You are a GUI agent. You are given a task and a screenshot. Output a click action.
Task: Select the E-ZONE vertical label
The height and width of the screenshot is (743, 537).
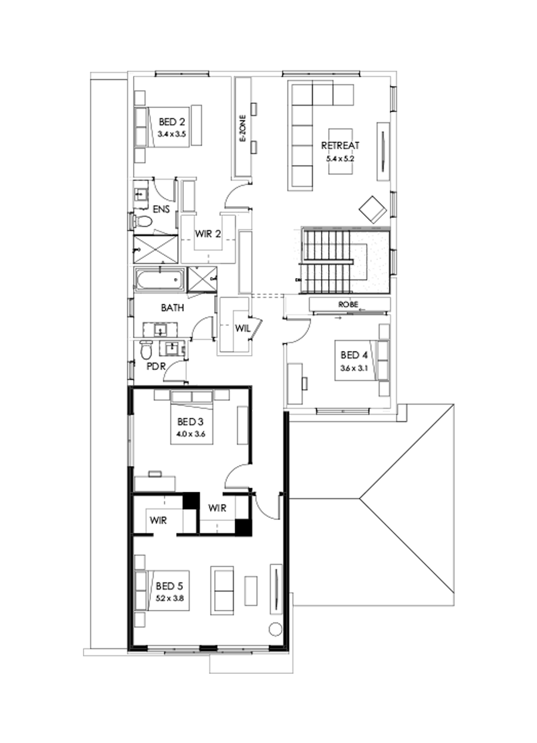tap(243, 130)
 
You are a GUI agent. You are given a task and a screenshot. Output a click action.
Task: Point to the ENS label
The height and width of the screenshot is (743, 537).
tap(161, 209)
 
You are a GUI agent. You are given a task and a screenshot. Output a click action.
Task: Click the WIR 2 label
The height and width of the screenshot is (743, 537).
tap(209, 234)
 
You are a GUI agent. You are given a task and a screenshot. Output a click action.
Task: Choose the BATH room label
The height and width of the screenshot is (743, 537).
tap(172, 308)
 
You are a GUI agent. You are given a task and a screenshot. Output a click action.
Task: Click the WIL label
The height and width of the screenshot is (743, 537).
tap(242, 327)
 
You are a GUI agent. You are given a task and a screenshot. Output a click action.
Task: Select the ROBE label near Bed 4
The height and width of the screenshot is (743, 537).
tap(348, 304)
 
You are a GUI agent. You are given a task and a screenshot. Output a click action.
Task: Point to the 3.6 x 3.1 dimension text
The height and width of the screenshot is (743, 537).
tap(351, 368)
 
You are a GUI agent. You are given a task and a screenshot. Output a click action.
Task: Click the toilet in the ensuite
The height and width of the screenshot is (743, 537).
tap(143, 222)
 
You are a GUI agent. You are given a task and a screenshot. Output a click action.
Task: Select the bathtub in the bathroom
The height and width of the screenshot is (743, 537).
tap(159, 279)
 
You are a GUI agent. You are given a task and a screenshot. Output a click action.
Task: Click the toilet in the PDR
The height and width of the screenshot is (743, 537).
tap(146, 350)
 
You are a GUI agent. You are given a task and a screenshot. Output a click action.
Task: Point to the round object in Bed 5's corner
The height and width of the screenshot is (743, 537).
tap(276, 629)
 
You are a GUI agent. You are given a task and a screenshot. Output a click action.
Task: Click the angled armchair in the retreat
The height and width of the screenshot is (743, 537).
tap(374, 208)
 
